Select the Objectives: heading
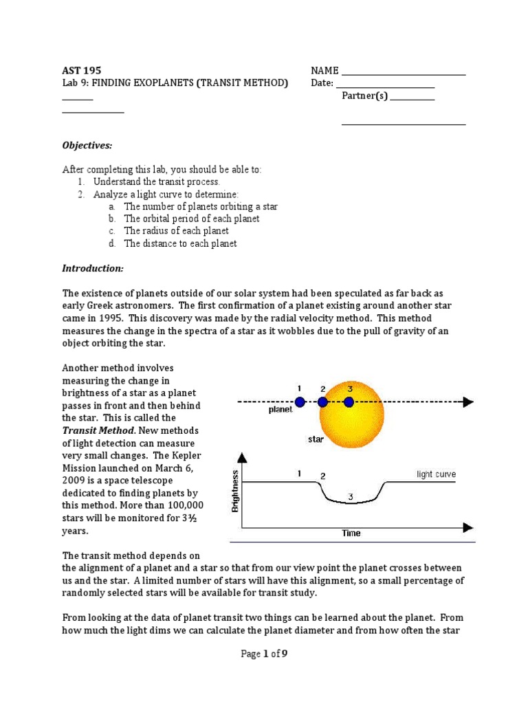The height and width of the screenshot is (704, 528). click(x=87, y=145)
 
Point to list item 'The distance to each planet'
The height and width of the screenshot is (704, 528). click(x=180, y=243)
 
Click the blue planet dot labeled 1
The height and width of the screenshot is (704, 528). click(x=300, y=402)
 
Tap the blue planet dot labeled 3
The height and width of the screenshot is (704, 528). click(x=349, y=402)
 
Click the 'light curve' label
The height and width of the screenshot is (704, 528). click(x=436, y=474)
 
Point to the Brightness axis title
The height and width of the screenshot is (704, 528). click(x=236, y=491)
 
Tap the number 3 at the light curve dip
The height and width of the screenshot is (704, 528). click(x=351, y=496)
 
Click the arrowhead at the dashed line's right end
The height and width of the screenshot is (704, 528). click(x=468, y=402)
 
